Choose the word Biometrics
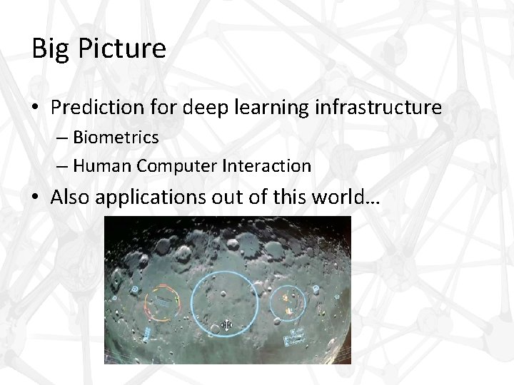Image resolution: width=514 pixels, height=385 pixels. [x=116, y=136]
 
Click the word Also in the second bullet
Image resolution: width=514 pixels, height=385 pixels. [x=70, y=198]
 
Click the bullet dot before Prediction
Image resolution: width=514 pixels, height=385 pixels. [x=37, y=108]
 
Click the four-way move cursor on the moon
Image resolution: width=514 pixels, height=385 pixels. [x=226, y=326]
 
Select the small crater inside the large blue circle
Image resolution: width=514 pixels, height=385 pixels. [x=224, y=294]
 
